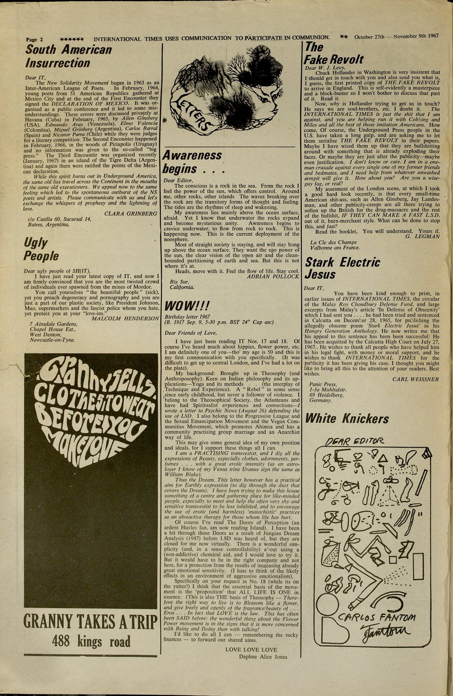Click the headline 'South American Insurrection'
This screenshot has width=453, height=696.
[x=69, y=57]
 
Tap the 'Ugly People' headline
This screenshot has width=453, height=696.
[x=41, y=249]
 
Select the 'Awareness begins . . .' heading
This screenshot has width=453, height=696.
[x=192, y=162]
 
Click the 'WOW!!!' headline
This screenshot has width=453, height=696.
[x=186, y=306]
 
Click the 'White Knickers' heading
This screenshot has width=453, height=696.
[x=347, y=418]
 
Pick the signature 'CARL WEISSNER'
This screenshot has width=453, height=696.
[x=415, y=379]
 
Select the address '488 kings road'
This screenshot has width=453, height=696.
[x=91, y=640]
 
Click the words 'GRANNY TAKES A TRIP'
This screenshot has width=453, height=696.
[x=91, y=621]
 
